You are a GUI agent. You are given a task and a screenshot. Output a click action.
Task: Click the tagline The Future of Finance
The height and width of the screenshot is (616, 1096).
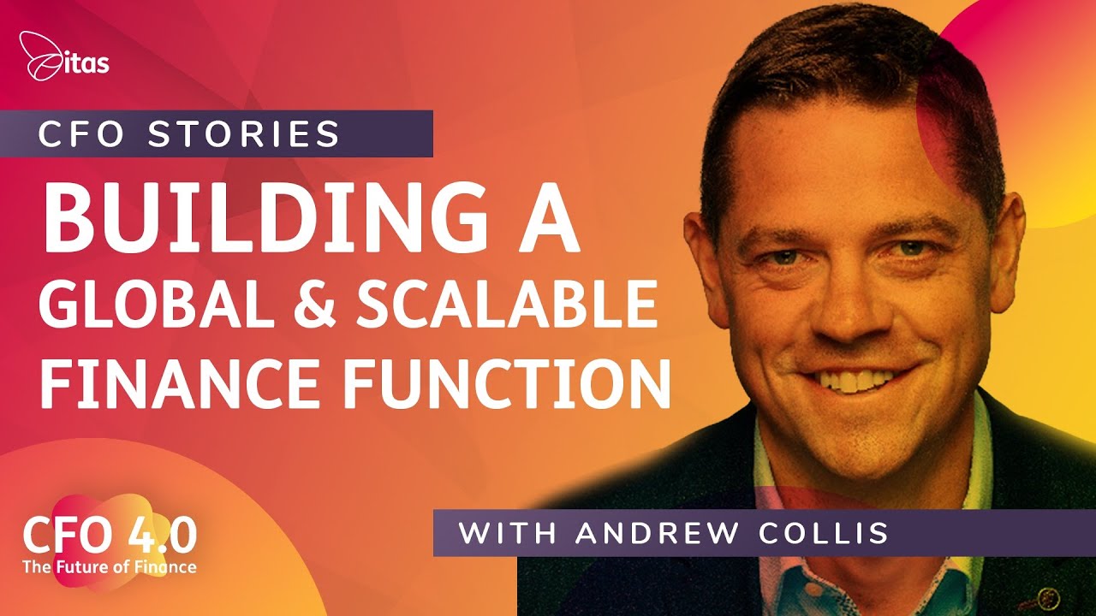tap(110, 566)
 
